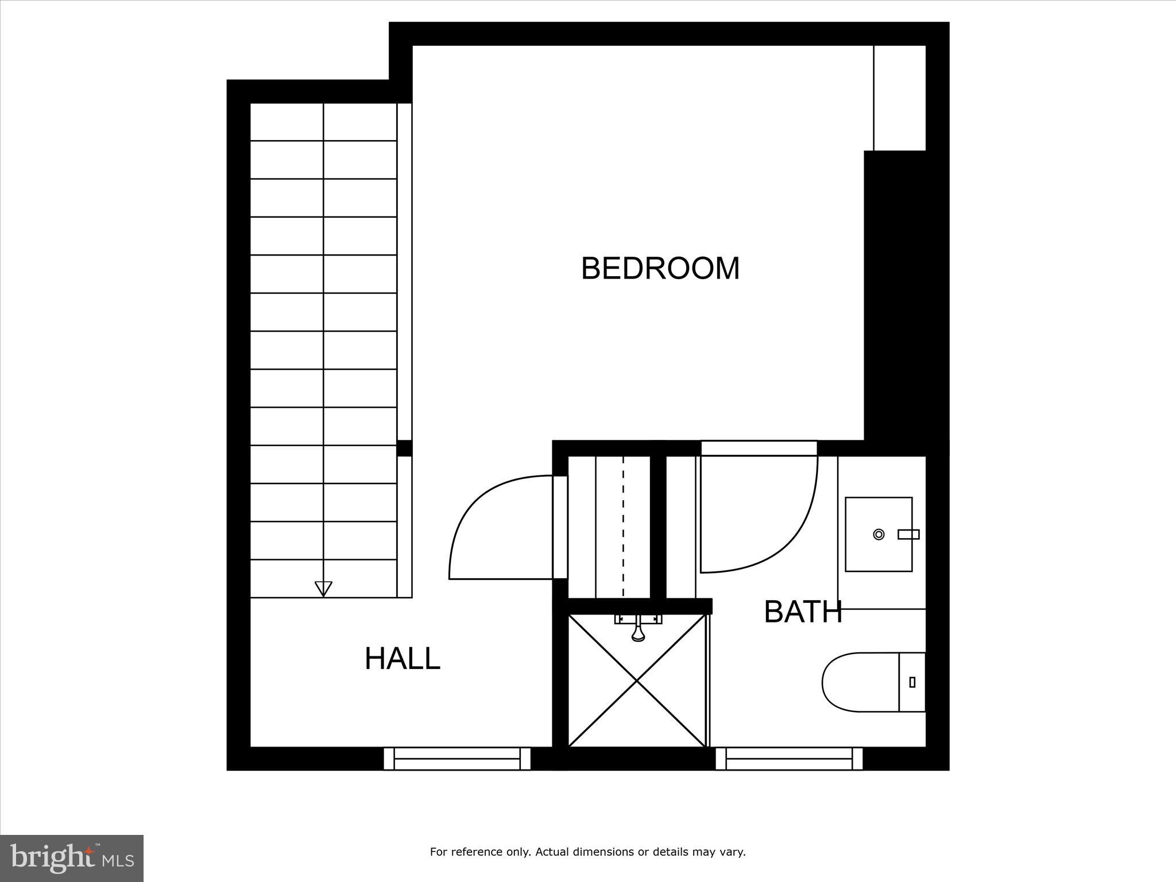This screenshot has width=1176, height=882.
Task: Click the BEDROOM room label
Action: pos(660,268)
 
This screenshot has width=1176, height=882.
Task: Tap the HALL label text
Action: pos(402,658)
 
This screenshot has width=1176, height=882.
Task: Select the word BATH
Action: pos(803,612)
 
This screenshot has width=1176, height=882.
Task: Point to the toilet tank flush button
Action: pos(912,682)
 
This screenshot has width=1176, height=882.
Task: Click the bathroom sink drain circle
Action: pos(879,535)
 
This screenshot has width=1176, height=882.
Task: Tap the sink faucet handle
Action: pos(909,535)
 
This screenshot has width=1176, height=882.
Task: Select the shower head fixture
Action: pos(638,628)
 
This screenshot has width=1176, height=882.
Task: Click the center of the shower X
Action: pos(637,680)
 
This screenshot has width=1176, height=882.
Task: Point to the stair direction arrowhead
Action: pos(323,589)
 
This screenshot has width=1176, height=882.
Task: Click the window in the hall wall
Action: pos(457,759)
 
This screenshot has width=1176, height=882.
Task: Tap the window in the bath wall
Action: pos(789,759)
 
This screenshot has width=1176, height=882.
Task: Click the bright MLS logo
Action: pos(72,858)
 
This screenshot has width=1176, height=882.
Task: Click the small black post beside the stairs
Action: pos(404,448)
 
